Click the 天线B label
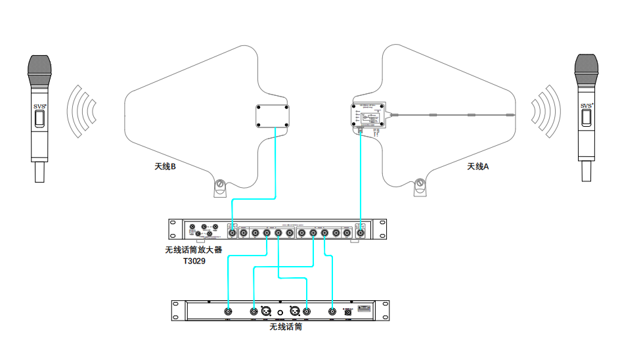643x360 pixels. tap(165, 167)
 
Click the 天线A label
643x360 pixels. tap(478, 167)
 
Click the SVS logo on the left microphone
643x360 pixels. tap(40, 105)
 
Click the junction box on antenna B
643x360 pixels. tap(273, 116)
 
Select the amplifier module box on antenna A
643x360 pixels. tap(370, 117)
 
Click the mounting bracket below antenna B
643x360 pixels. tap(220, 188)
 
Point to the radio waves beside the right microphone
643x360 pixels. tap(546, 110)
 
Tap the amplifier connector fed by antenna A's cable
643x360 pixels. tap(360, 232)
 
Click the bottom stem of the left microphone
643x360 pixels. tap(39, 172)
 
